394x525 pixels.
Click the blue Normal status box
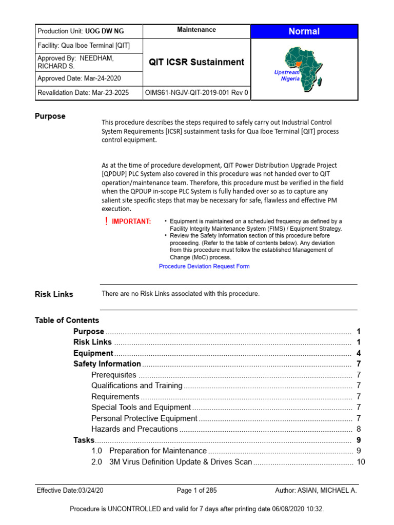tap(304, 31)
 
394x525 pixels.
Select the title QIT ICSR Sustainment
tap(196, 62)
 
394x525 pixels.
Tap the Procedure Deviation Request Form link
tap(204, 267)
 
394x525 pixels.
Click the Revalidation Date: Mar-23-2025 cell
tap(90, 93)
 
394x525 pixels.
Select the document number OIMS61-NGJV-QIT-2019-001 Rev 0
tap(197, 93)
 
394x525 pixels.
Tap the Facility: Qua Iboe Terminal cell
tap(84, 46)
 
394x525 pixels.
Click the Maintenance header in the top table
tap(196, 30)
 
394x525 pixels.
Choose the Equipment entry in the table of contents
tap(93, 353)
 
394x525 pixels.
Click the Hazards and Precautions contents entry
tap(134, 429)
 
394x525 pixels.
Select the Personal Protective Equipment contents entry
tap(144, 418)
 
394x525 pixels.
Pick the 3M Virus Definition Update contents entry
tap(181, 462)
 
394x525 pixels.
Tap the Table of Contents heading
tap(67, 320)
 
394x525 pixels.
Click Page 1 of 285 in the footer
tap(196, 491)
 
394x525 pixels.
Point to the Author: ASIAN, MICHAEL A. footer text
tap(316, 491)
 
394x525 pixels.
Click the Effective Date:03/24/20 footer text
tap(70, 491)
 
